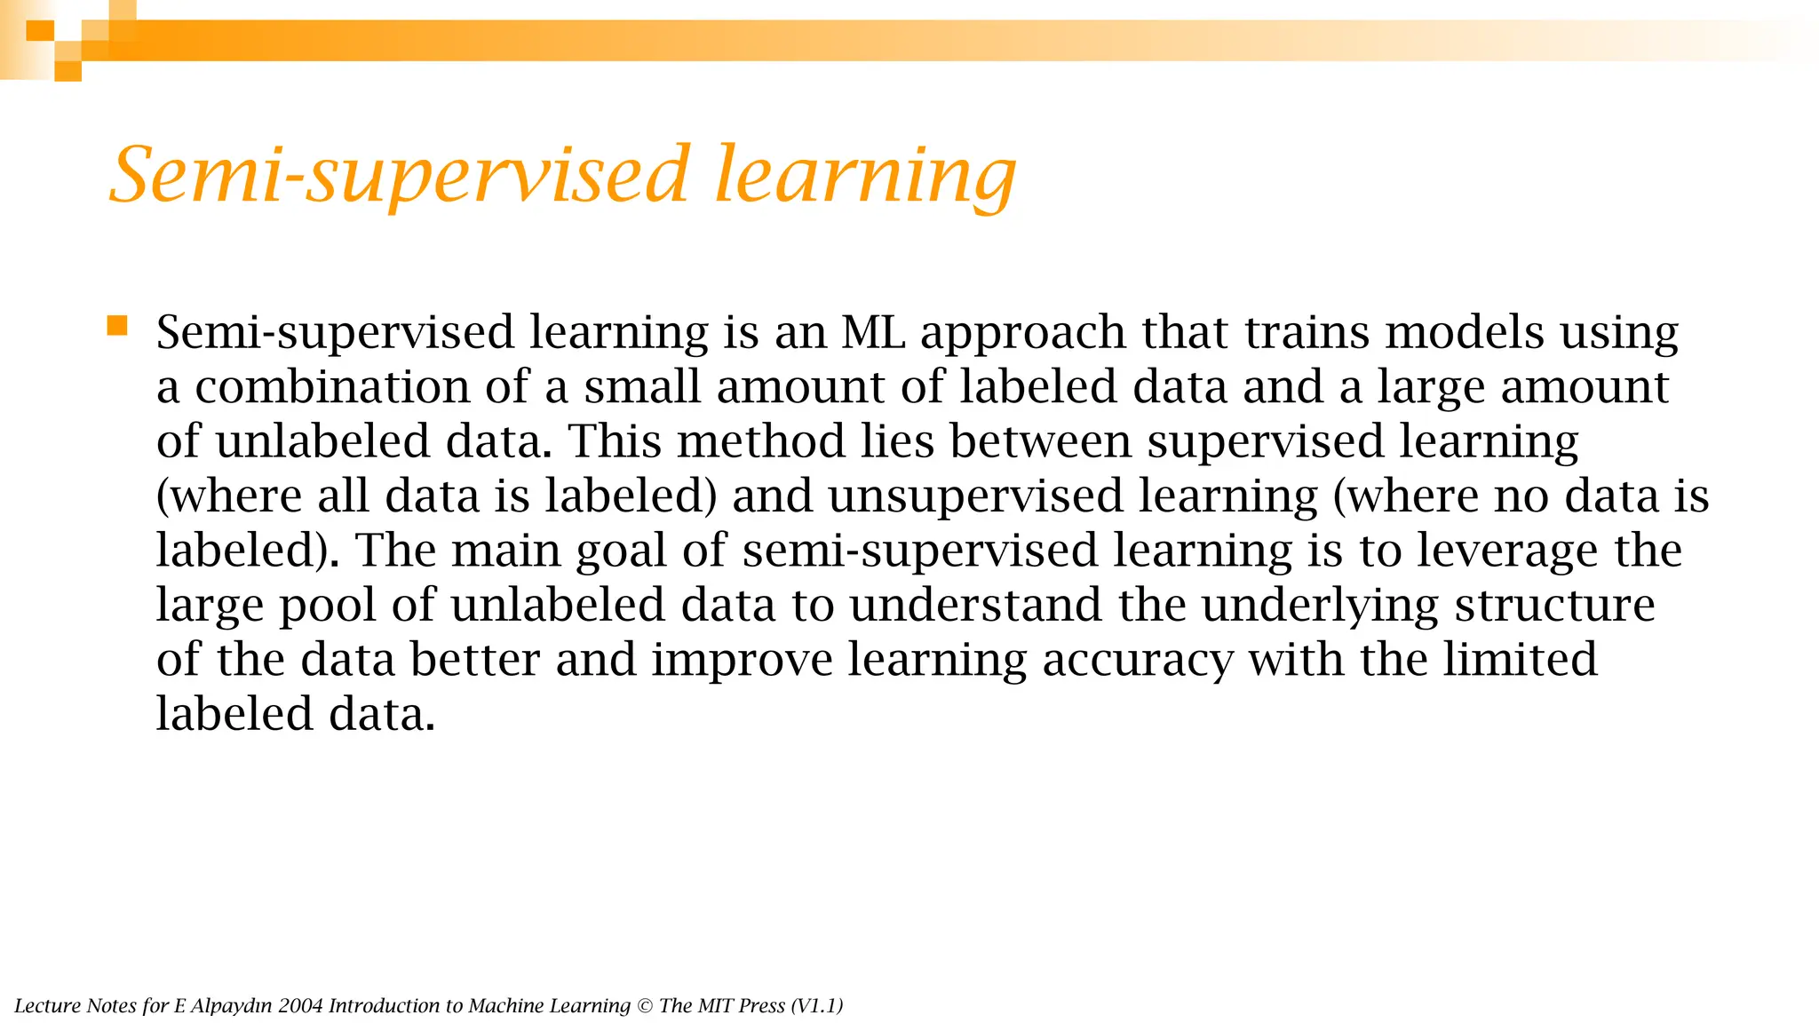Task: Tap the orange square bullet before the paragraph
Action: tap(117, 326)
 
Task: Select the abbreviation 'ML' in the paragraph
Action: tap(873, 333)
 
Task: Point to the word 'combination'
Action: tap(332, 387)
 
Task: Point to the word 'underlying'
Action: tap(1320, 607)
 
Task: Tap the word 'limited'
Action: tap(1520, 660)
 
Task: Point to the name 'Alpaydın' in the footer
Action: tap(231, 1006)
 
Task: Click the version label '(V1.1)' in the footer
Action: tap(816, 1006)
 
